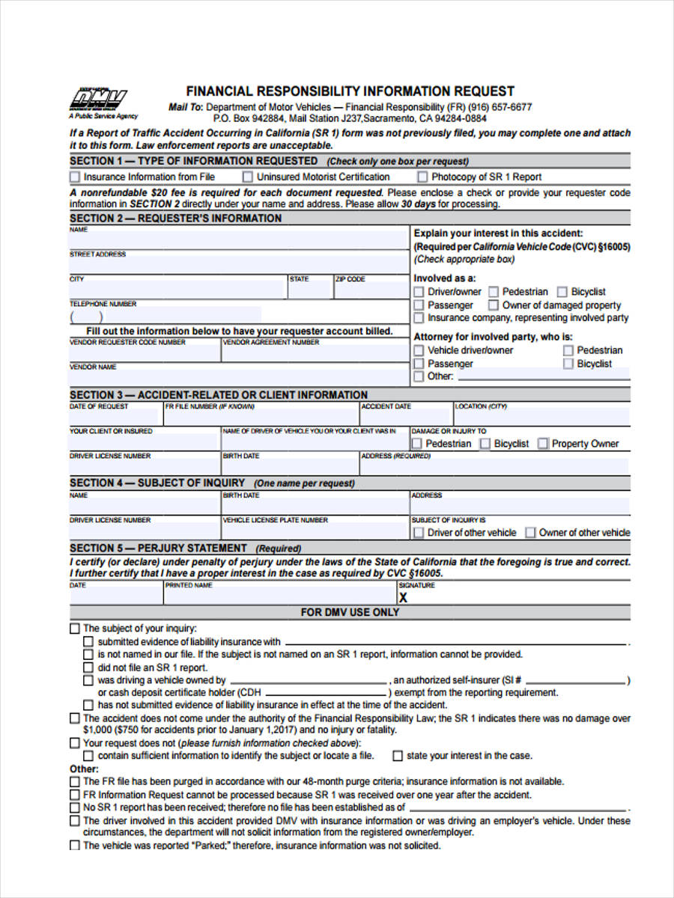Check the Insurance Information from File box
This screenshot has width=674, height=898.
(x=75, y=177)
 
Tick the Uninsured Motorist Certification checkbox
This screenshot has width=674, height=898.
(x=247, y=177)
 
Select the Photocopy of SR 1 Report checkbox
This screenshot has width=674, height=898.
(x=422, y=177)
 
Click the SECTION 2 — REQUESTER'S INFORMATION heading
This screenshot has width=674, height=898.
(x=176, y=219)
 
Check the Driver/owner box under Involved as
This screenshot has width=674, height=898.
(x=419, y=292)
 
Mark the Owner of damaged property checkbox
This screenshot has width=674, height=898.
(x=494, y=305)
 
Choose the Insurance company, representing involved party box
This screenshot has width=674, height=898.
(x=419, y=318)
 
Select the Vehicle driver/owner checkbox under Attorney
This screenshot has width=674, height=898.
(x=419, y=350)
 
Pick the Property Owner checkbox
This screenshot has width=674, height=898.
(x=543, y=444)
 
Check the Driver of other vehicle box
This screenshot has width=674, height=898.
(x=419, y=533)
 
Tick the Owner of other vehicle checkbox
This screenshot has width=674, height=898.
(x=530, y=533)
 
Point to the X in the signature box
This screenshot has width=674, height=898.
(x=404, y=598)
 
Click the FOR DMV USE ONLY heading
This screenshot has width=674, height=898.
(x=350, y=612)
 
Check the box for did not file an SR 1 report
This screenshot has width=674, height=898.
(x=88, y=668)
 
